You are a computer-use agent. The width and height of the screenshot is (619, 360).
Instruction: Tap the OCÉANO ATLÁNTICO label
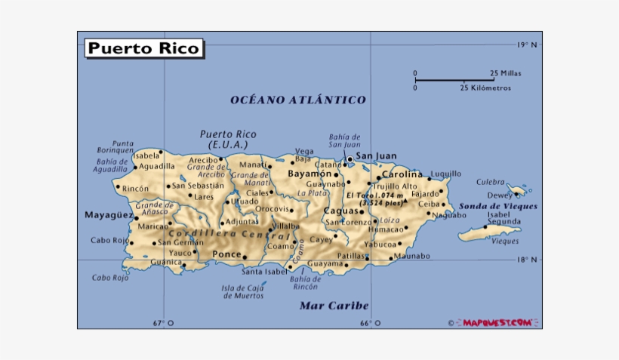[297, 100]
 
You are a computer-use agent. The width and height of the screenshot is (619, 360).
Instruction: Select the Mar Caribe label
[334, 306]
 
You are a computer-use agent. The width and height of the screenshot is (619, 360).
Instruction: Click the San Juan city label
[376, 157]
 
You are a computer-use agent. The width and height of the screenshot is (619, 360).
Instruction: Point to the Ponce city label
[226, 254]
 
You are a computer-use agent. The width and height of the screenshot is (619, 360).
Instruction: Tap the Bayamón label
[309, 174]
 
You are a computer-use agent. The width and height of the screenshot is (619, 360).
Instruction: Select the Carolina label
[402, 174]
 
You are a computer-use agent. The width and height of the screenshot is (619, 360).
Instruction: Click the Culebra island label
[490, 182]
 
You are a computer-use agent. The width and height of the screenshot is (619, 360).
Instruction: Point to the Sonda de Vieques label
[498, 206]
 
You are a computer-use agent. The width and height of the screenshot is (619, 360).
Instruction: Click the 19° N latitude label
[527, 45]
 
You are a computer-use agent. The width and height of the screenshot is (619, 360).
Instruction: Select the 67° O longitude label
[163, 323]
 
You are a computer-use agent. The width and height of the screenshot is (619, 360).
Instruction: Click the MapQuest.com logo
[498, 322]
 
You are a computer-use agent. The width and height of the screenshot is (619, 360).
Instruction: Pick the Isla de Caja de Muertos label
[243, 291]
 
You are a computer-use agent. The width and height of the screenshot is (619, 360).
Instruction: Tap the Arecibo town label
[203, 160]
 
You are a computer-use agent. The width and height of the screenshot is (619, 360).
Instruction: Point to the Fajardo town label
[424, 193]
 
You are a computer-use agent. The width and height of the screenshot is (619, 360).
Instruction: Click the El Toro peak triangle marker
[405, 202]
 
